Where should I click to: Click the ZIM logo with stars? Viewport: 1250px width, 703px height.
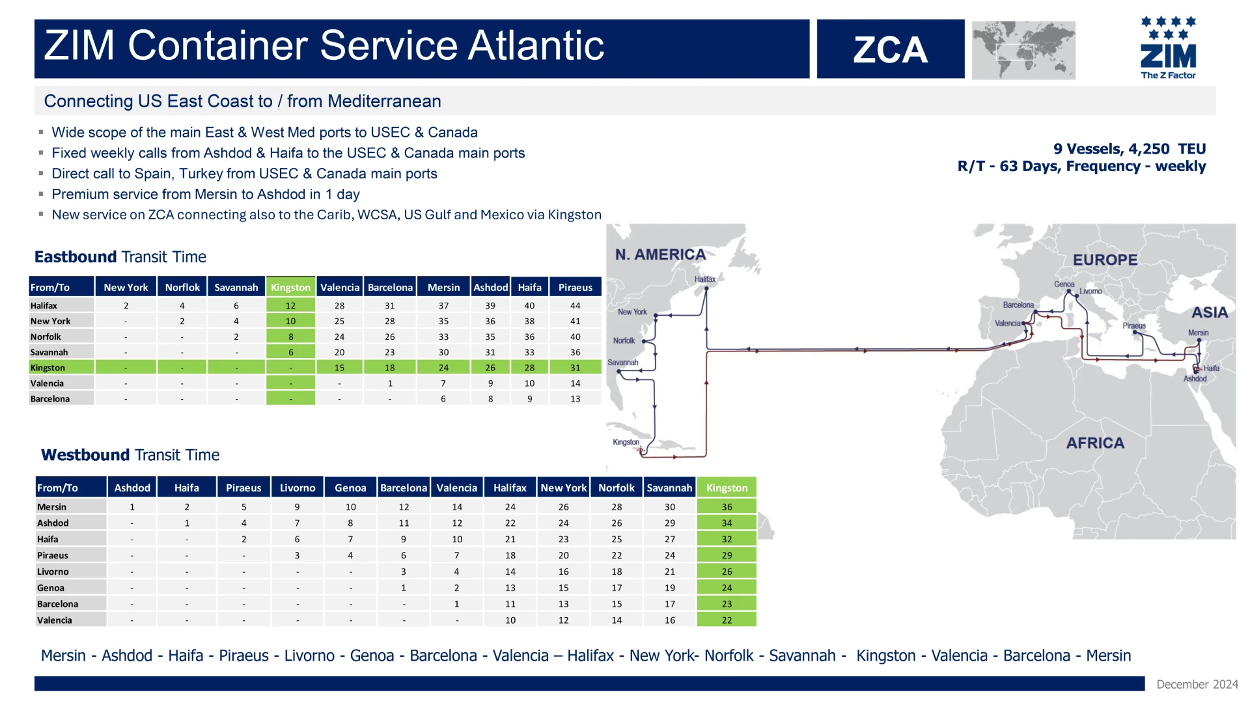1168,48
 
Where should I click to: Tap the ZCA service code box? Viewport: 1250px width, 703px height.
891,49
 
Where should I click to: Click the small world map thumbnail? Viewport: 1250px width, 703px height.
1023,50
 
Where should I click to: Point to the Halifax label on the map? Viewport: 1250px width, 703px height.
704,279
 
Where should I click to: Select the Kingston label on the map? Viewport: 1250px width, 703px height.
626,442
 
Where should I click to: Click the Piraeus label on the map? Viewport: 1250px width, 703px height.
1134,325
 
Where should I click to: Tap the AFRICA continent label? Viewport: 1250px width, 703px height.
1095,443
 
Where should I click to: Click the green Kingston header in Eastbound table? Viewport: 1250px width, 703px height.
290,287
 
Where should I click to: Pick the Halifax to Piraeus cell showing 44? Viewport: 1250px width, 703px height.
575,305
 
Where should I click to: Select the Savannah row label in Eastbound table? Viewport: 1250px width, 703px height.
49,352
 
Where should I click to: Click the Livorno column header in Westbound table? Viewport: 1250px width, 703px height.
298,488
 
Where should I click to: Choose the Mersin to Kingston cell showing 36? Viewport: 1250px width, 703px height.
727,506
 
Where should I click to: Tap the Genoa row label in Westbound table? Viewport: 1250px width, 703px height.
51,588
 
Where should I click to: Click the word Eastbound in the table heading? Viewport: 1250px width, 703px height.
76,256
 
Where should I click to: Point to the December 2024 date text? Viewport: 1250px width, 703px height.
1197,684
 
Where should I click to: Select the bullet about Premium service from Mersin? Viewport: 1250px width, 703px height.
206,194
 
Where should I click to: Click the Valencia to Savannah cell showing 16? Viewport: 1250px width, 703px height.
670,620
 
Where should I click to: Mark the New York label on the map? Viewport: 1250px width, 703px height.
632,312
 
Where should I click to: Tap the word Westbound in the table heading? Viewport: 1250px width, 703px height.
85,455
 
